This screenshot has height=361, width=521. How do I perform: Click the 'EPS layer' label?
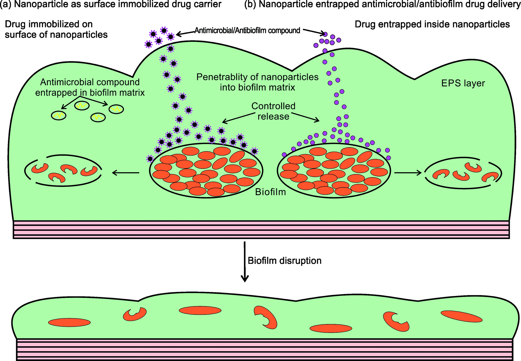tap(463, 83)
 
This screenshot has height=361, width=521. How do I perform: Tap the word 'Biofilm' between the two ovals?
tap(270, 192)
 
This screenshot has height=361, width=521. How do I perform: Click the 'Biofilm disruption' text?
tap(284, 261)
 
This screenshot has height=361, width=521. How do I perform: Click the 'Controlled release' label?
tap(273, 111)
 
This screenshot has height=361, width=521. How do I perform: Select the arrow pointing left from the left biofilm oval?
tap(126, 173)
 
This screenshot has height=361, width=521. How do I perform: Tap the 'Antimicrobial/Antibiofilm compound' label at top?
tap(247, 31)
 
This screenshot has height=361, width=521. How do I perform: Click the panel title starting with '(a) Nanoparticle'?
tap(111, 4)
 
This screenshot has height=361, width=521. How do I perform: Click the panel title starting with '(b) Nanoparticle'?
tap(382, 4)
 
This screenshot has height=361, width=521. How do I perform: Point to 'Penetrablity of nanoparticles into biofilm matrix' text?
tap(257, 82)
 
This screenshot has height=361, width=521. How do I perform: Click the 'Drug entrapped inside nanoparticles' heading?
tap(432, 24)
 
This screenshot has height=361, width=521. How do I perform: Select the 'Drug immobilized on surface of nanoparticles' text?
tap(56, 29)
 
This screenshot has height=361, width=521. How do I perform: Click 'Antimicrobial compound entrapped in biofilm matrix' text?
tap(90, 87)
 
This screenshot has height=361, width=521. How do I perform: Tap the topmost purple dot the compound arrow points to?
tap(325, 34)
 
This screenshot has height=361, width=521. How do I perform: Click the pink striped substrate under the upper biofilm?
tap(261, 229)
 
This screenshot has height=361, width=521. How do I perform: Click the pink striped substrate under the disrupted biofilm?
tap(265, 350)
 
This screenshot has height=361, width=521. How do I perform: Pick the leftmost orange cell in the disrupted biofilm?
tap(69, 322)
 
